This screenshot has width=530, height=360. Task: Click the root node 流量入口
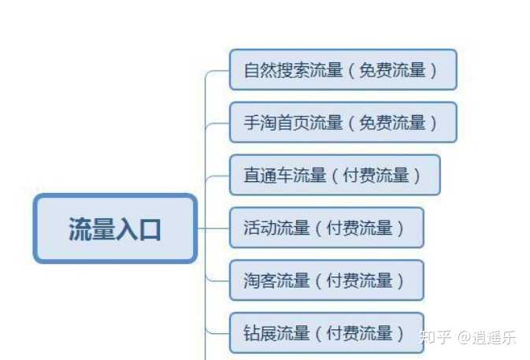[115, 228]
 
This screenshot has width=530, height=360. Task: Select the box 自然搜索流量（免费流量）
[343, 69]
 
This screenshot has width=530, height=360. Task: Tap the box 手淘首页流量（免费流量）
[343, 122]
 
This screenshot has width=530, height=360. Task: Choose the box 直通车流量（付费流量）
[334, 175]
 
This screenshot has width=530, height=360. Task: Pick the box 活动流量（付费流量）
[326, 228]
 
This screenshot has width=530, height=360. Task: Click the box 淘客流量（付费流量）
[326, 280]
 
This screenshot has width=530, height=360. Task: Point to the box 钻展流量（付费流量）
[326, 333]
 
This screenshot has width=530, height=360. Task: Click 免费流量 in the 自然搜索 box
[392, 69]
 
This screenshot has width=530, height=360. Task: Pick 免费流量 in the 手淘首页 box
[392, 122]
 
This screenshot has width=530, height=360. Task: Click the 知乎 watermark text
[435, 337]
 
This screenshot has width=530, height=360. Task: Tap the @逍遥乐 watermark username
[488, 337]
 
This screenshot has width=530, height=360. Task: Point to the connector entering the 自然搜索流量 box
[217, 71]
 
